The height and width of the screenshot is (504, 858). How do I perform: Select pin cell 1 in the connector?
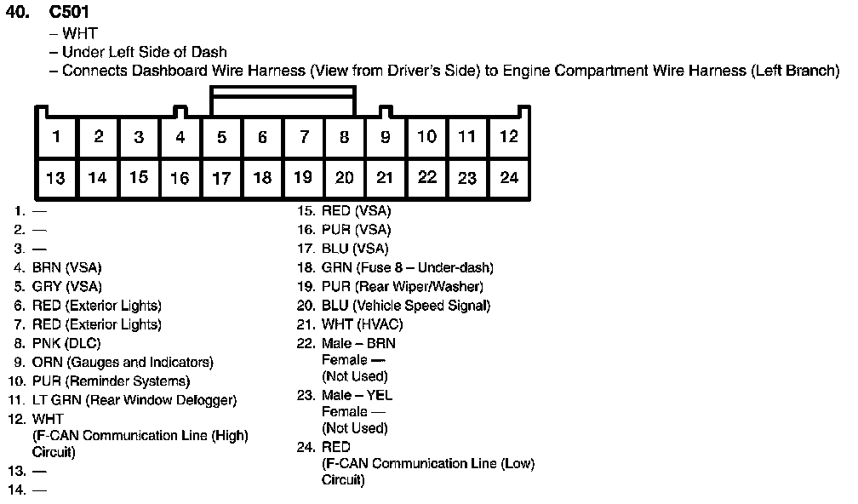click(x=56, y=136)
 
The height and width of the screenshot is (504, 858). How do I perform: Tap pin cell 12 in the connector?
click(x=508, y=136)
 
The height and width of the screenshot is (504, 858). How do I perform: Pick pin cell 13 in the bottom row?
click(x=56, y=178)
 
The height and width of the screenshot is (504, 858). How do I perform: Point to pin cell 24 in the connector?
click(x=508, y=178)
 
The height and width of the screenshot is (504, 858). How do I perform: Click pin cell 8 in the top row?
click(x=344, y=136)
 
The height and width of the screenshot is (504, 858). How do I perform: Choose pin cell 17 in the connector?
click(x=221, y=178)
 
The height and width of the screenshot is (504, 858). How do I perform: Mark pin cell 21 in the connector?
click(x=385, y=178)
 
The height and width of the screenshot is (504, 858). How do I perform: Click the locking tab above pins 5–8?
click(x=283, y=100)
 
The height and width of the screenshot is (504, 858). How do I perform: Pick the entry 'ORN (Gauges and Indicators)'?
click(x=123, y=362)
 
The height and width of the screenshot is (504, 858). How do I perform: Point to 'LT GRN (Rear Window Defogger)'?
click(x=134, y=399)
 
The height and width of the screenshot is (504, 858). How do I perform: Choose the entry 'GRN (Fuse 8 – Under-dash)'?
click(x=407, y=267)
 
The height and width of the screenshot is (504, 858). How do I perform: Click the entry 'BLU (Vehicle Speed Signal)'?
click(x=406, y=305)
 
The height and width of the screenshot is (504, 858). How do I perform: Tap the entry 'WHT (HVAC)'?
click(x=362, y=324)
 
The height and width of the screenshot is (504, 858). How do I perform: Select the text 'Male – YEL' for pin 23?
click(x=357, y=395)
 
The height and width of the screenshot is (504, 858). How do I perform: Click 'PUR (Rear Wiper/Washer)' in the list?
click(x=402, y=286)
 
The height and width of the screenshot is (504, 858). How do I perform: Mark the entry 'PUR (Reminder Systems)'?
click(x=111, y=381)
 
